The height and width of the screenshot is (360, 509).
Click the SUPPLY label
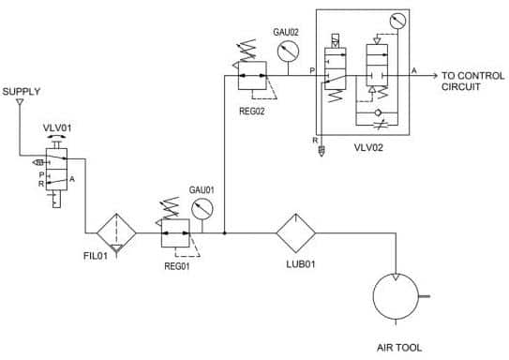pos(22,92)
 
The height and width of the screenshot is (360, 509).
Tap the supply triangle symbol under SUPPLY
pos(20,102)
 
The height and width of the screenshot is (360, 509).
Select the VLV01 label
pos(57,127)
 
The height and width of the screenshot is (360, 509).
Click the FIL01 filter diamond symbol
pos(116,232)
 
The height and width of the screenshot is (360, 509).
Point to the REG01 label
pos(177,266)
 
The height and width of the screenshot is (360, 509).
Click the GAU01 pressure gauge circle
pos(202,209)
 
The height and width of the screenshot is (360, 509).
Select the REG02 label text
pos(252,111)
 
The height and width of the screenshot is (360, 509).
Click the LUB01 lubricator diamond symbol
pos(295,232)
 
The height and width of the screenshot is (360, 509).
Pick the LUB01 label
pos(301,264)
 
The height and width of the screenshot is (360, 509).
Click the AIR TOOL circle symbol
pos(396,296)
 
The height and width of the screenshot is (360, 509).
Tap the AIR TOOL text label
pos(399,348)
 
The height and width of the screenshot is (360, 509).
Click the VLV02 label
pos(368,148)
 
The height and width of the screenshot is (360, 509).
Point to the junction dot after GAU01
pos(224,232)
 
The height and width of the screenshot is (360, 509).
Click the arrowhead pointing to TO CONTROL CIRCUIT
pos(435,76)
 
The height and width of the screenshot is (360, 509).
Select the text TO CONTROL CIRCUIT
pos(473,82)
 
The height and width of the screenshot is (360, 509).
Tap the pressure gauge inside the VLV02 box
pos(397,21)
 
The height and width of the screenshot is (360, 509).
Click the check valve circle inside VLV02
pos(378,112)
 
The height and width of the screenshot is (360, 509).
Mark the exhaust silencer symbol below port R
pos(322,151)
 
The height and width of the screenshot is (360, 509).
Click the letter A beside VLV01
pos(72,179)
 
